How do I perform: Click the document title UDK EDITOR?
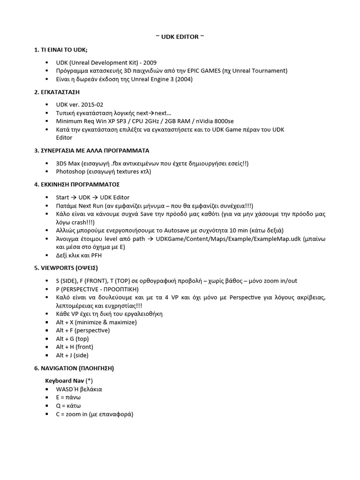tap(180, 37)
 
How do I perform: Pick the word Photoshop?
tap(70, 172)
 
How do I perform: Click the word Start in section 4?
tap(62, 197)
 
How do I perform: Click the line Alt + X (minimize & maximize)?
tap(96, 322)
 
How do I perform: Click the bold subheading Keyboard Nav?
tap(65, 381)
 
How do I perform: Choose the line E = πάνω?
tap(68, 397)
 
